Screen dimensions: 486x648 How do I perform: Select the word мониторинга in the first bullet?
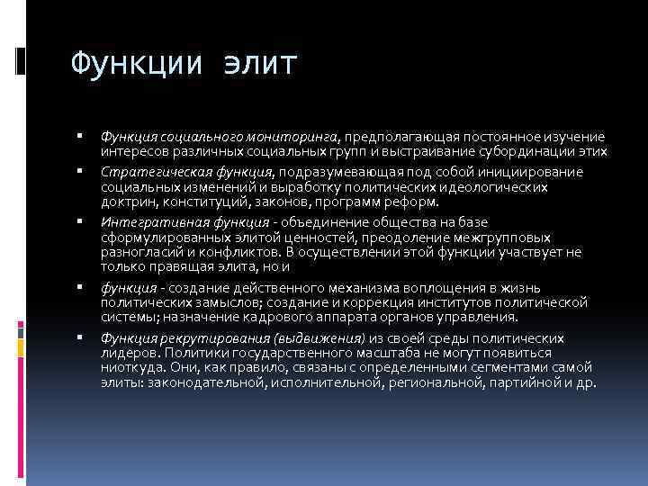click(292, 135)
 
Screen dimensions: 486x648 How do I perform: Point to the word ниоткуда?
click(131, 367)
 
